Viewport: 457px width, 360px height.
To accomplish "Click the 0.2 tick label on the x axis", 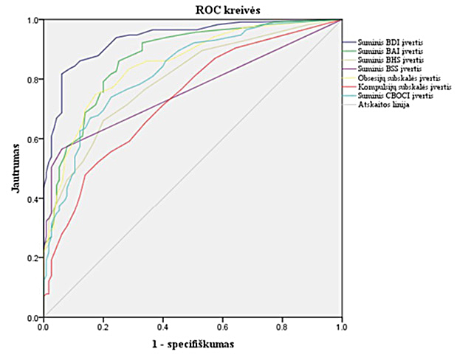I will click(103, 325).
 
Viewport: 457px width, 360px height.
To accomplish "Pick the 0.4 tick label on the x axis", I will click(163, 325).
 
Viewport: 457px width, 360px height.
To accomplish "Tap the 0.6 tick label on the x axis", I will click(223, 325).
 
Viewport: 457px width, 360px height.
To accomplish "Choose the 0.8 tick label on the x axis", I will click(282, 325).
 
